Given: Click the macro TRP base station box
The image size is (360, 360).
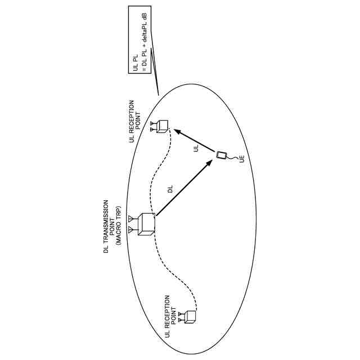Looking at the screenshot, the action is coord(146,224).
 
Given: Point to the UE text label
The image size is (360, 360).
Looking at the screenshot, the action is coord(241,160).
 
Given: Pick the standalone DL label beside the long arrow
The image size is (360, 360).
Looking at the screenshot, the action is coord(170,190).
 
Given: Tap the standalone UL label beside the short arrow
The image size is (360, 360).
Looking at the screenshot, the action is coord(196,148).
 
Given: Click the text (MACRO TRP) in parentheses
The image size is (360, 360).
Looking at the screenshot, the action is coord(119,226).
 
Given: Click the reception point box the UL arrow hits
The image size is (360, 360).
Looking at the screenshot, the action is coord(162,127).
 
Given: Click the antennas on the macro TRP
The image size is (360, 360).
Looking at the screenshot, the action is coord(131,224).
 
